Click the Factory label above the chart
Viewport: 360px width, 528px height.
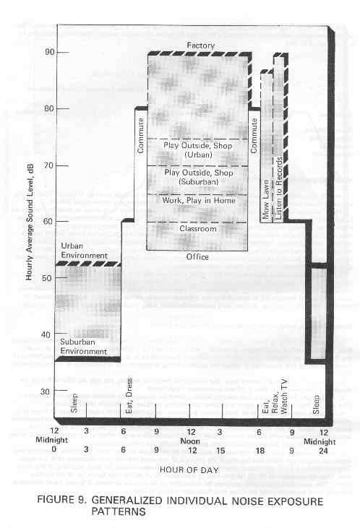[x=200, y=45]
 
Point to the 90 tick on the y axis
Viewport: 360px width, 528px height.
[x=50, y=52]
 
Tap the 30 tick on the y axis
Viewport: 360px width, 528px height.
[x=50, y=391]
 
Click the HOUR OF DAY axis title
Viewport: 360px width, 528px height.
[x=189, y=469]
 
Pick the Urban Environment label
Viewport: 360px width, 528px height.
[x=85, y=251]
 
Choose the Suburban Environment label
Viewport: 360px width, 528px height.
[x=84, y=347]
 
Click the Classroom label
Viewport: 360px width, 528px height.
[x=198, y=229]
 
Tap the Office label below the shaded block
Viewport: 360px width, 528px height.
[x=197, y=257]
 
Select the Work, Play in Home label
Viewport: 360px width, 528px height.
[x=199, y=200]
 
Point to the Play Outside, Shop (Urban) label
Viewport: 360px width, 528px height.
[x=198, y=150]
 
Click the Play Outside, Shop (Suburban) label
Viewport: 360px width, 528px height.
[x=199, y=177]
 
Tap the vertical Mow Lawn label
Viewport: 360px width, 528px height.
[x=265, y=199]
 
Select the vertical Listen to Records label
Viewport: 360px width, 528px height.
[x=279, y=189]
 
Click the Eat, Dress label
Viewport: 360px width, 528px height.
[x=129, y=396]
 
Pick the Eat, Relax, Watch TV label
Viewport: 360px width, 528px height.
[x=275, y=397]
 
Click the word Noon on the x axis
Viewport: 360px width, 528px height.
[x=190, y=441]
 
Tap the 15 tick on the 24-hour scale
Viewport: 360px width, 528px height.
[x=220, y=451]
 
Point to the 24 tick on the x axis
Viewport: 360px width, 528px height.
[x=323, y=451]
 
